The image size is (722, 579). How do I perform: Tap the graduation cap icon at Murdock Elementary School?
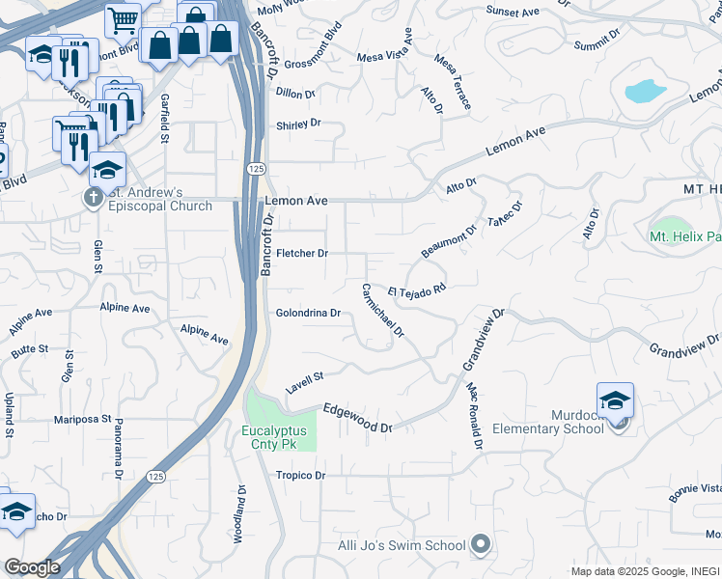615,400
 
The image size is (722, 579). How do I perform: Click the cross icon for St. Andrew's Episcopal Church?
93,199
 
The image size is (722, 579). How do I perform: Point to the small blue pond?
644,92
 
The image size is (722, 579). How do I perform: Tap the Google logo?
31,567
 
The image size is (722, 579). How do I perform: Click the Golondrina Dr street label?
309,314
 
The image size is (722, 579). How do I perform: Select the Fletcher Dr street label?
302,254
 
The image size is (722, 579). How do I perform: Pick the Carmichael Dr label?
383,310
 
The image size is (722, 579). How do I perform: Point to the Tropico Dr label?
300,476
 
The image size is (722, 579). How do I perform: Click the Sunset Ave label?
513,11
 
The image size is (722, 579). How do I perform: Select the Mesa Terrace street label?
453,81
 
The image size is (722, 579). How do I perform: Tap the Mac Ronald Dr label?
473,416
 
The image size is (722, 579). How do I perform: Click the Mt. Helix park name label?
684,235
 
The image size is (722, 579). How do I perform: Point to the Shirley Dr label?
297,124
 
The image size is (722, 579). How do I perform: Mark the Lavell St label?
304,383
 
